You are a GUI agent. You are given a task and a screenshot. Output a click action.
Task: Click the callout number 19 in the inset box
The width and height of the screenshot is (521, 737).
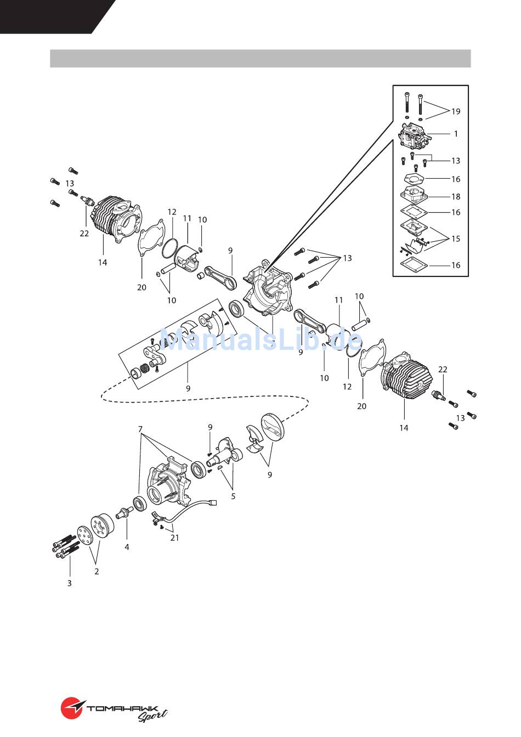456,111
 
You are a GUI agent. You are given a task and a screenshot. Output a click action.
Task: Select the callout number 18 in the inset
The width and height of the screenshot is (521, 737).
456,197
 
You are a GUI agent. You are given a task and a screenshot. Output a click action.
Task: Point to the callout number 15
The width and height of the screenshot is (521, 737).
456,239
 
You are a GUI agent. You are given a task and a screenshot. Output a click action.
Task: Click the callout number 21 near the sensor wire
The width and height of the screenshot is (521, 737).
174,537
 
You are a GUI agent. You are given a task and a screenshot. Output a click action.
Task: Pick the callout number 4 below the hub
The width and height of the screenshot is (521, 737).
127,547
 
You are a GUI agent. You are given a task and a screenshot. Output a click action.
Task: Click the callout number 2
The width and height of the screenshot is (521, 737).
97,571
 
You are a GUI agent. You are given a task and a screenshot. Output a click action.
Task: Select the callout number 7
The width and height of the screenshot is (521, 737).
140,429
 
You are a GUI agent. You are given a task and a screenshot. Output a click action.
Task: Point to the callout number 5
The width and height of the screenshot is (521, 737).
233,496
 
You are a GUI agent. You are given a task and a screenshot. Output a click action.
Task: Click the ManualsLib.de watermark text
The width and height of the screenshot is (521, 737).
261,339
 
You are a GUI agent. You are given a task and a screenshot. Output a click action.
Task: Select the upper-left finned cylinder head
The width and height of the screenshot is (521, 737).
117,219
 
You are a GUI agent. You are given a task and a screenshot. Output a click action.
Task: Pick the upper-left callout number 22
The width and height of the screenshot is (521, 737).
84,233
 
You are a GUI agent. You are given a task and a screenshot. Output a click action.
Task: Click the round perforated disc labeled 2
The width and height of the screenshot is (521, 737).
85,536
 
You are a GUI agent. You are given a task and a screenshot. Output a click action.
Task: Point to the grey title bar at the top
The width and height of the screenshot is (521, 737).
260,59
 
